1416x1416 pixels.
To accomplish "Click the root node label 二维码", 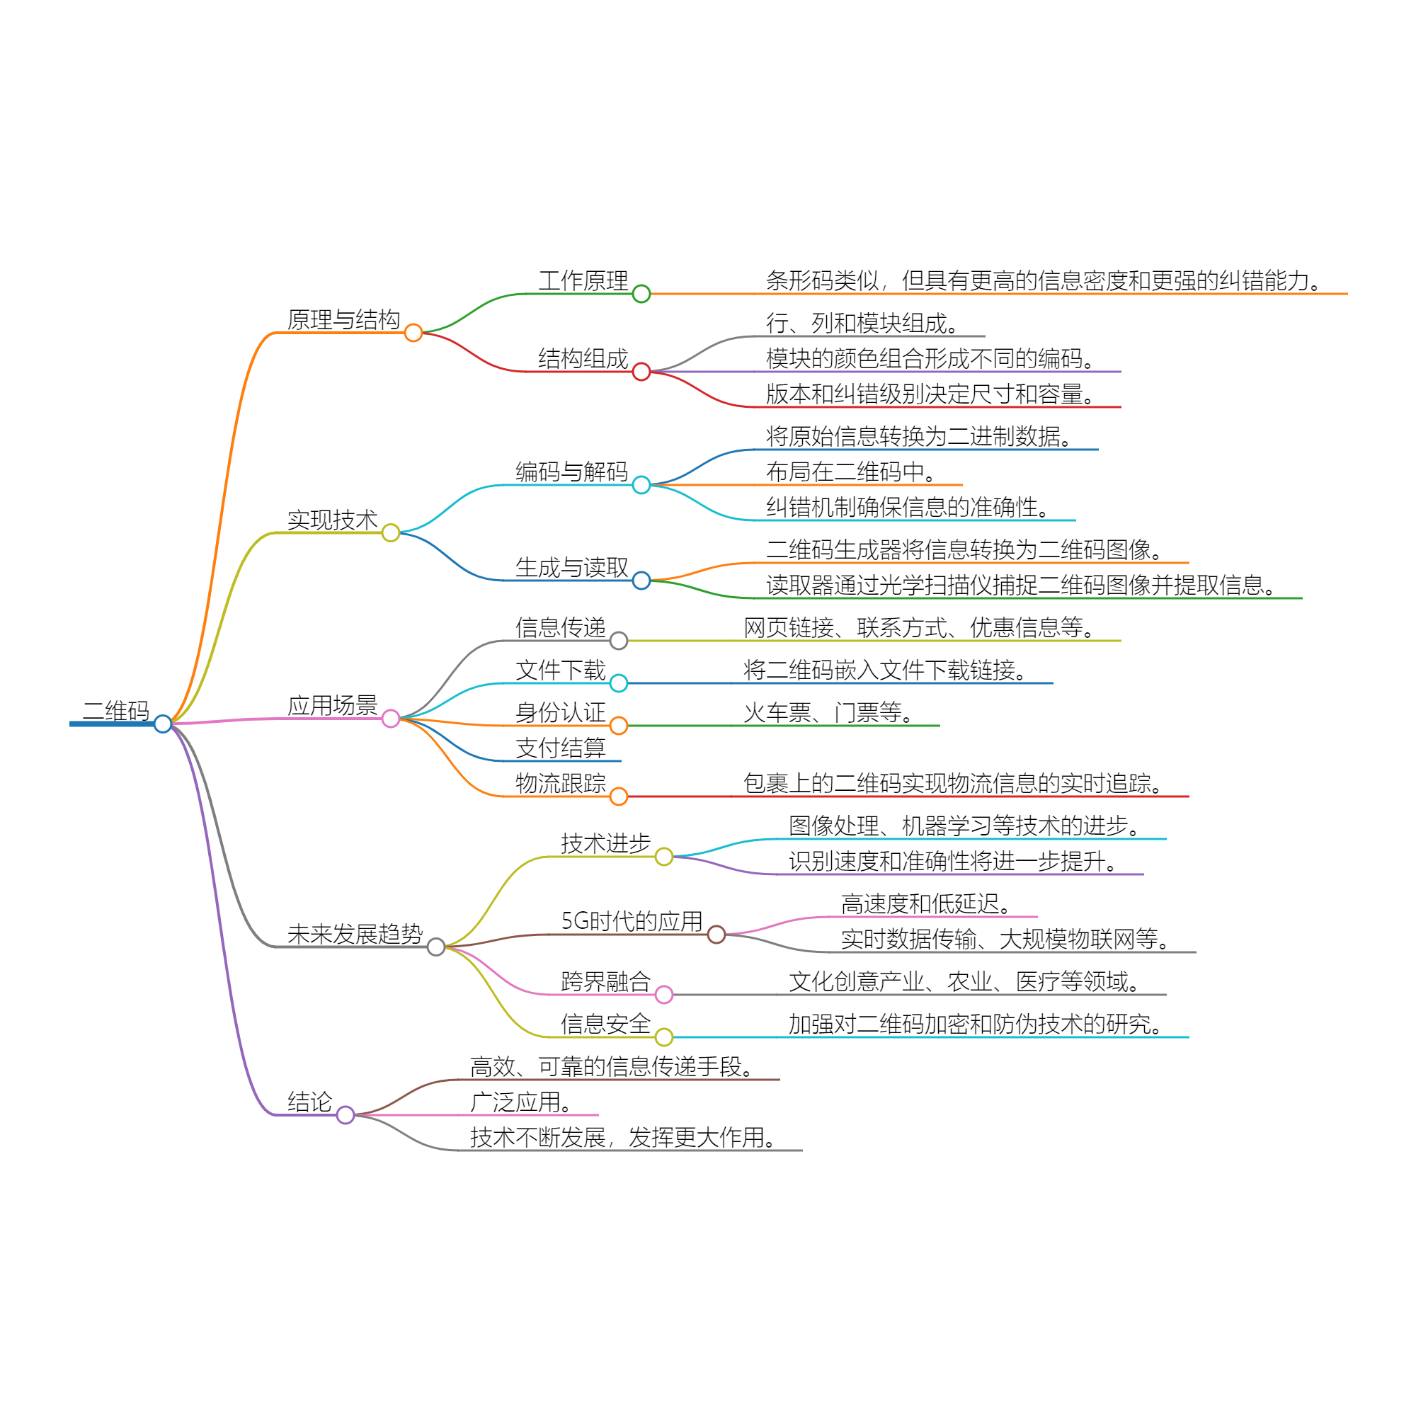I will point(116,710).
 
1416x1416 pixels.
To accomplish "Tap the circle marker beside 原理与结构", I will point(413,333).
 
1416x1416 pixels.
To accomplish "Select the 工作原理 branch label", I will point(583,280).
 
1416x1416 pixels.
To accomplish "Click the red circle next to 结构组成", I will point(641,372).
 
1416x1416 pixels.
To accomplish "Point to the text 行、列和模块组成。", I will point(862,322).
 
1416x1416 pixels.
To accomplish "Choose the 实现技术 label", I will point(332,520).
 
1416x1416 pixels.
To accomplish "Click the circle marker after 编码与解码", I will point(641,484).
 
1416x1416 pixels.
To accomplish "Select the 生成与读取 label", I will point(571,567).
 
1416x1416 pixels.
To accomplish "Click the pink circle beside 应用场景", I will point(391,718).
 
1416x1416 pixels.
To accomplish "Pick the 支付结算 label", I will point(561,748).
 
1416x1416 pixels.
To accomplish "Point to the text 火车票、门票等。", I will point(829,712).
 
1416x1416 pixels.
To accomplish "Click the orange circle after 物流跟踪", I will point(619,796).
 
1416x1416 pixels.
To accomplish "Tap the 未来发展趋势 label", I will point(355,934).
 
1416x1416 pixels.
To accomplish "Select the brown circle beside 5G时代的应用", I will point(716,935).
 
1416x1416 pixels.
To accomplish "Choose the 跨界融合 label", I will point(605,981).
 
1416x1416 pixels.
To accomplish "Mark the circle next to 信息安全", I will point(664,1037).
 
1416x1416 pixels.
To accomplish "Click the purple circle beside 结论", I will point(346,1115).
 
